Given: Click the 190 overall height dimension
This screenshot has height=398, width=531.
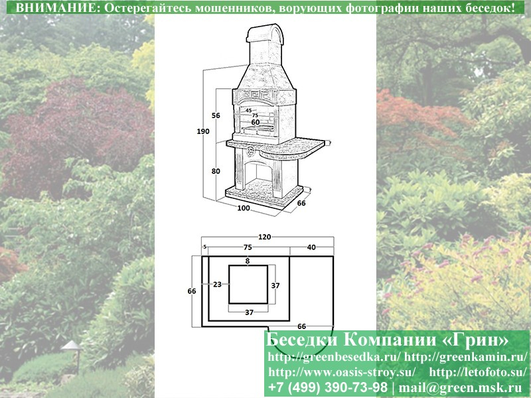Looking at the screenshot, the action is point(203,131).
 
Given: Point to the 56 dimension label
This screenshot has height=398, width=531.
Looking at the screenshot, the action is point(216,115).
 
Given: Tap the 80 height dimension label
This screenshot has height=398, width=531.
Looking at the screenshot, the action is point(216,171).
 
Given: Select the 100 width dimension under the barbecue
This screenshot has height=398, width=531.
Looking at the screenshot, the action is point(244,208).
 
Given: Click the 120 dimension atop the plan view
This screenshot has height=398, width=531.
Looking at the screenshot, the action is point(264,237).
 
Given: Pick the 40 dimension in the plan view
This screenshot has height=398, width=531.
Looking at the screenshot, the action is point(311,247).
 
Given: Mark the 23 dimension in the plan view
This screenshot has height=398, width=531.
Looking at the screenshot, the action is point(218,285).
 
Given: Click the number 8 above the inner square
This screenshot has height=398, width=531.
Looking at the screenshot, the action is point(248,261).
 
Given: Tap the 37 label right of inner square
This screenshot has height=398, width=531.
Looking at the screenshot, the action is point(275,286).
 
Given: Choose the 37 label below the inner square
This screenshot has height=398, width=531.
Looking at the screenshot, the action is point(250,312).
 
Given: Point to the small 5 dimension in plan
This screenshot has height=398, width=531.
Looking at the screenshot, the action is point(205,247).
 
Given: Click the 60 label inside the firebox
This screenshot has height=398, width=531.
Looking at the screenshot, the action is point(256,122).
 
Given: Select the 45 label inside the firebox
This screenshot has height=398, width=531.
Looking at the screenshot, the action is point(248,110).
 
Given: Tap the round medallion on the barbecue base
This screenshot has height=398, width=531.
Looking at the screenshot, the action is point(252,151).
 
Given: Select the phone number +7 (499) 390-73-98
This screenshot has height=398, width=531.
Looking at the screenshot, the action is point(327,387).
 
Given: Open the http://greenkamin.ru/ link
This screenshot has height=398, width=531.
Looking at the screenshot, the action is point(466,357).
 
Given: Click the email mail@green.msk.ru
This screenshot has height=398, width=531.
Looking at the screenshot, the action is point(460,387).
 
